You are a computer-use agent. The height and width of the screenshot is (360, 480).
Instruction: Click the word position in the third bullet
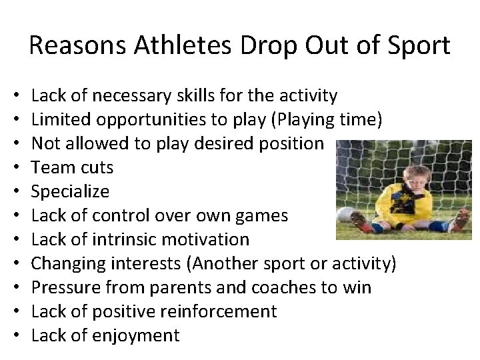pyautogui.click(x=289, y=144)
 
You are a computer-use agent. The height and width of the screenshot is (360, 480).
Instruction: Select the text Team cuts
pyautogui.click(x=73, y=168)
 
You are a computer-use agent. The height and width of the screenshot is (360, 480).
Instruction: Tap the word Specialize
pyautogui.click(x=71, y=192)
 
